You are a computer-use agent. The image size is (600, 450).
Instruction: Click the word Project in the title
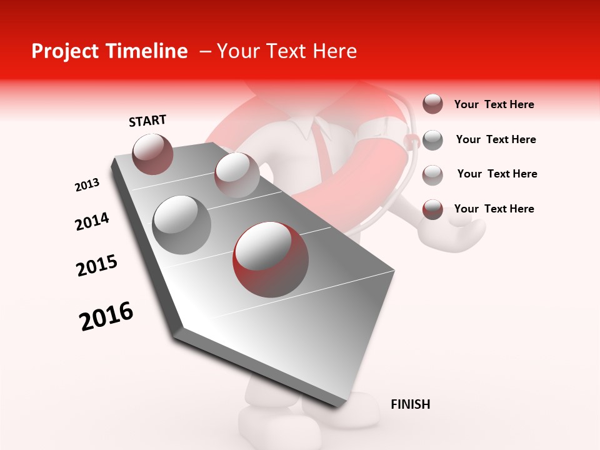point(62,51)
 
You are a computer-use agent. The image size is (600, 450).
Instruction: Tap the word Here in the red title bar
point(334,51)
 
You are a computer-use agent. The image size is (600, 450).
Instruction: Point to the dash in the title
point(204,52)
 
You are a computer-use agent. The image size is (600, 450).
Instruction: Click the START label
point(147,121)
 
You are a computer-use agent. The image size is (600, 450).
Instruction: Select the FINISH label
point(410,404)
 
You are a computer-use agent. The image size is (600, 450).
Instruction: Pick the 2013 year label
point(87,185)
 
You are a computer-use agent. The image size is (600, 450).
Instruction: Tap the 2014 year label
point(92,221)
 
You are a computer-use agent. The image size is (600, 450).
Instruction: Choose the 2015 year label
point(97,266)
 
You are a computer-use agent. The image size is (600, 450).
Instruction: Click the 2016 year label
point(106,316)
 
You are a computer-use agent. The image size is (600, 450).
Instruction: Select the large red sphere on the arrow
point(270,259)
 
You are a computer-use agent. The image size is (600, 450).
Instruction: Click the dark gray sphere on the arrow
point(181,224)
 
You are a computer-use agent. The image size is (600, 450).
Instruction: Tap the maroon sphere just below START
point(152,154)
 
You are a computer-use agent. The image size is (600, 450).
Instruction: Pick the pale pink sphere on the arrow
point(236,174)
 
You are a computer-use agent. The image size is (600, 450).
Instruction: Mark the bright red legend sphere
point(432,209)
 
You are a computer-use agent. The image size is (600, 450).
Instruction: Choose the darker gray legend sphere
point(432,140)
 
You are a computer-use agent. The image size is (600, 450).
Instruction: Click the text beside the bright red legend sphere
point(494,209)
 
